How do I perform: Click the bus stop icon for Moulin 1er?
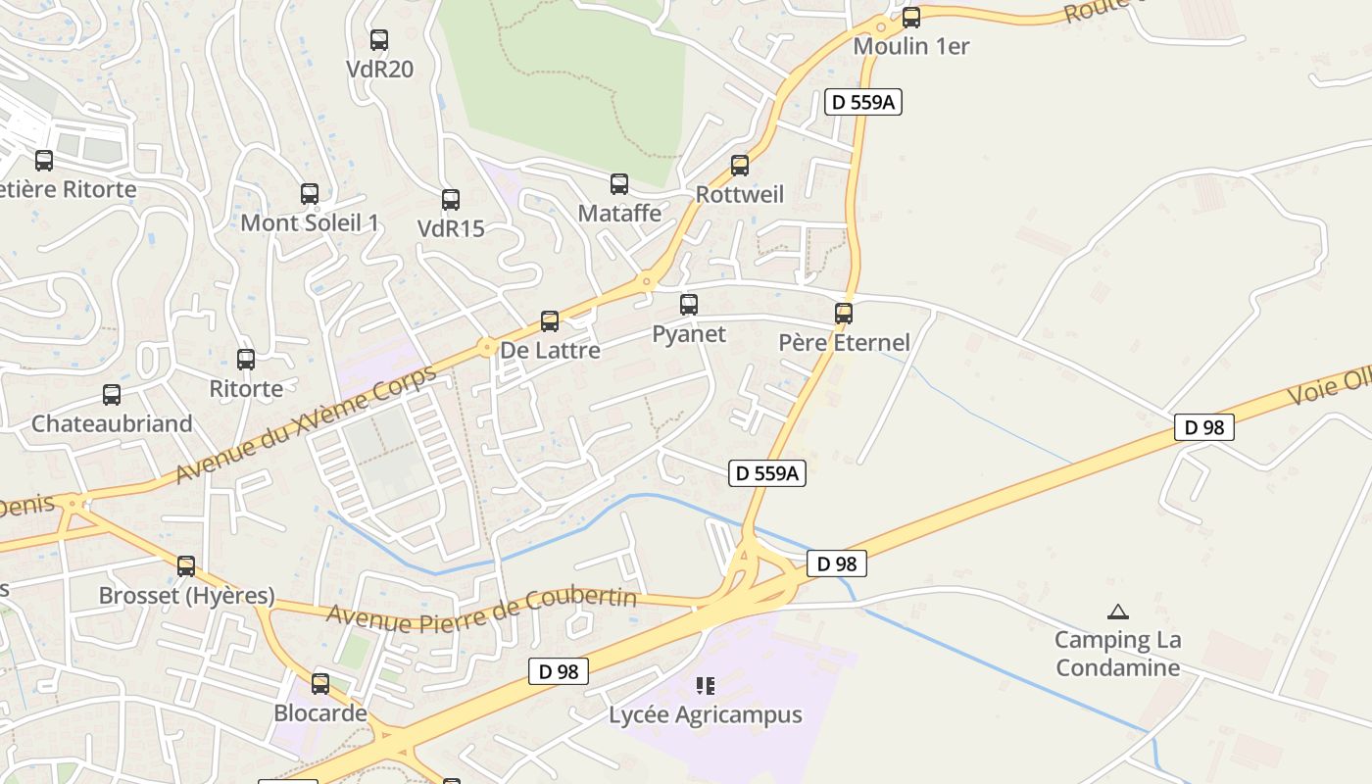click(911, 17)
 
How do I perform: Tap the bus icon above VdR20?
click(379, 40)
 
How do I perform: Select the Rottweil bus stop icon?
click(740, 166)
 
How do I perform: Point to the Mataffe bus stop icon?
click(619, 184)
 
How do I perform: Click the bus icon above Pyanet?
click(689, 305)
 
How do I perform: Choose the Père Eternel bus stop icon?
click(844, 314)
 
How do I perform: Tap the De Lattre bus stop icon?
click(550, 321)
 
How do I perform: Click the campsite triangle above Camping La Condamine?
click(1117, 612)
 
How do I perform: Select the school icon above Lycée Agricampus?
click(706, 685)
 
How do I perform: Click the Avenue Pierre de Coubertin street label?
click(481, 609)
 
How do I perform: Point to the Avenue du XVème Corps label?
click(305, 425)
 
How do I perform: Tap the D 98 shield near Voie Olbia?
click(1204, 427)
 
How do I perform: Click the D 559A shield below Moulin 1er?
click(862, 102)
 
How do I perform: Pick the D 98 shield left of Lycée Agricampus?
click(560, 671)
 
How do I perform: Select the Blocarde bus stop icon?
click(320, 684)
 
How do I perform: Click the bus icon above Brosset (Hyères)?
click(186, 566)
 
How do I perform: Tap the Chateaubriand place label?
click(112, 423)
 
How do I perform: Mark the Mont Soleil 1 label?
click(310, 222)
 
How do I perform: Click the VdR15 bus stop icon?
click(451, 200)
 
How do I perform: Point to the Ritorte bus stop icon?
click(246, 360)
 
